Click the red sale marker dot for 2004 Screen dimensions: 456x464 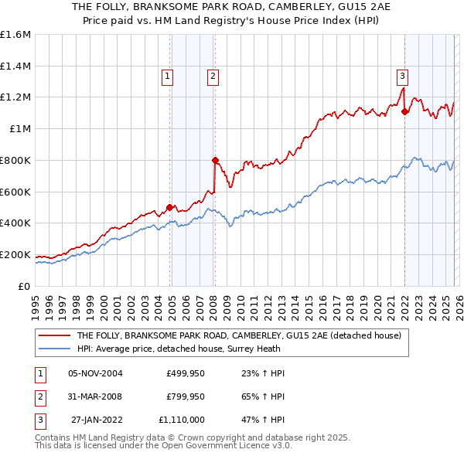pos(169,207)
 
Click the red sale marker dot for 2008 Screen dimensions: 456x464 pos(216,160)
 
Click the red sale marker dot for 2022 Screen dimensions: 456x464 pos(404,111)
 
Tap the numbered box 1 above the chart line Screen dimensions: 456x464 pos(168,76)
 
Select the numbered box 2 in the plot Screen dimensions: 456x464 pos(212,76)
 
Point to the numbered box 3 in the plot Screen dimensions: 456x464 pos(402,76)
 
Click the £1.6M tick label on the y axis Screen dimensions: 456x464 pos(15,35)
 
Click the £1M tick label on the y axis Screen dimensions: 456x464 pos(20,128)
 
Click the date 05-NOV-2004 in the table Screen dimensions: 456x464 pos(96,373)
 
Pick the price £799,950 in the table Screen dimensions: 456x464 pos(186,396)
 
